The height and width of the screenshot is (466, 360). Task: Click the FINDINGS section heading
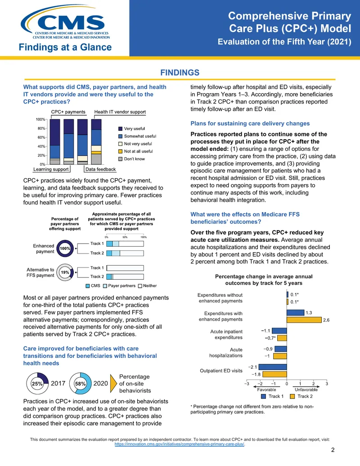coord(180,72)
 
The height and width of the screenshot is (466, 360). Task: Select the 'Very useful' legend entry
coord(131,129)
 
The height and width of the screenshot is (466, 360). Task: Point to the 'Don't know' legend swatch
coord(120,159)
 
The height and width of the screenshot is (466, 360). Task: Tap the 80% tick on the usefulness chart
coord(41,128)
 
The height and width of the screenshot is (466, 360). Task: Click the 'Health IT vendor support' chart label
coord(120,112)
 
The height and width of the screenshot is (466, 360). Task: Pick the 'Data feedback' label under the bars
coord(100,169)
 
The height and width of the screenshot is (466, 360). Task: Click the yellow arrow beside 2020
coord(113,383)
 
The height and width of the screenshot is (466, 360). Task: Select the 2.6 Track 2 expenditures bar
coord(304,320)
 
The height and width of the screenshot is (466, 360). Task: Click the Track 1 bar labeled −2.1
coord(273,367)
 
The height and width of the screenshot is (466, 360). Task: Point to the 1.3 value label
coord(309,312)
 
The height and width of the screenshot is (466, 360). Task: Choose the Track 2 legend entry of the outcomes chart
coord(301,396)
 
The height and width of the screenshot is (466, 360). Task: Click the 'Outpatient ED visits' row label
coord(221,371)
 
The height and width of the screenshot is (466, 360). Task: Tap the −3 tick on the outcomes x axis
coord(247,384)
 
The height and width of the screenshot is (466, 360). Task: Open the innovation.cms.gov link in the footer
coord(180,444)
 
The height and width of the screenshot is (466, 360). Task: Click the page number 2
coord(333,450)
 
